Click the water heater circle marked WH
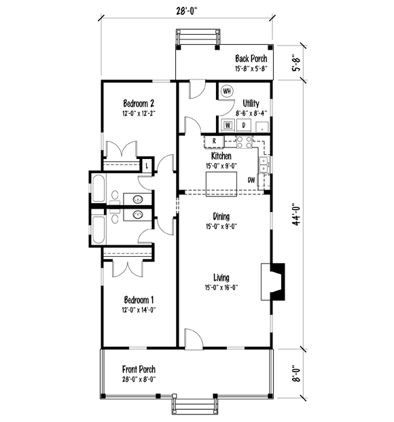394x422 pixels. click(227, 91)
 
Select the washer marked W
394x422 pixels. click(228, 125)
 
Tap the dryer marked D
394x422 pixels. click(244, 125)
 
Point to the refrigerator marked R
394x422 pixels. click(214, 141)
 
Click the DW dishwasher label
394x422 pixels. click(251, 180)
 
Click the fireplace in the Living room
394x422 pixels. click(273, 281)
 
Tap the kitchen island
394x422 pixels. click(221, 184)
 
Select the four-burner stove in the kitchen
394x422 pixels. click(245, 142)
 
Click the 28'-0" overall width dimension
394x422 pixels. click(187, 12)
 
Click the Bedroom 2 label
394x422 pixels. click(139, 103)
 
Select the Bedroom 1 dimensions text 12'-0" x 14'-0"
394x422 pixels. click(139, 310)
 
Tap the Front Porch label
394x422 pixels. click(139, 369)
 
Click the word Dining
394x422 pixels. click(221, 216)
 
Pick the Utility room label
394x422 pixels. click(251, 103)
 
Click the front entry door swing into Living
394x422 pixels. click(194, 339)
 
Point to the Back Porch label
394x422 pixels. click(251, 58)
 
